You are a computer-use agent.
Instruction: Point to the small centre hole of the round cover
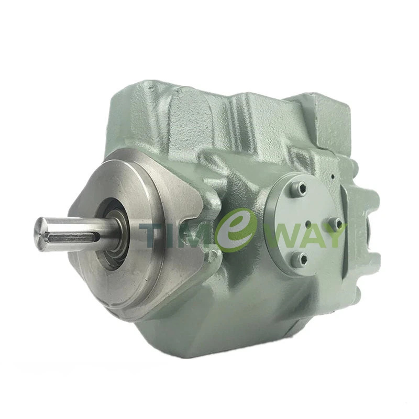[x=308, y=224]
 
